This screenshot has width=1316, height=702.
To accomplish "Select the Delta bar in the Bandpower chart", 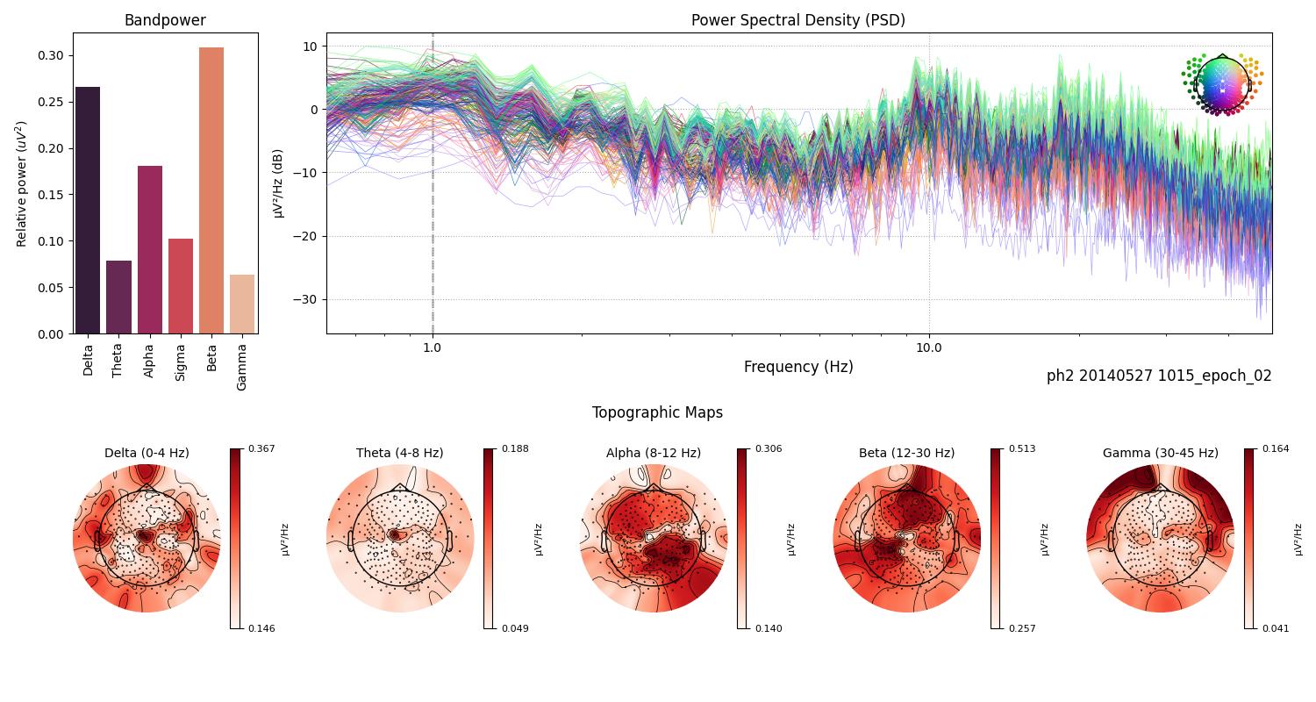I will click(x=88, y=211).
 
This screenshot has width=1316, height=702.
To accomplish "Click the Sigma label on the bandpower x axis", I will click(x=181, y=361).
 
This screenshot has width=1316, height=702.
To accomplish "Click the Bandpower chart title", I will click(x=165, y=20).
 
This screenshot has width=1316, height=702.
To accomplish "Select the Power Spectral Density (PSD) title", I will click(x=797, y=20).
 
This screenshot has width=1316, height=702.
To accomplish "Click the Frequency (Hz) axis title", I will click(x=797, y=367).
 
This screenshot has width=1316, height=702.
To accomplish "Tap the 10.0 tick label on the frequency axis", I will click(x=929, y=347).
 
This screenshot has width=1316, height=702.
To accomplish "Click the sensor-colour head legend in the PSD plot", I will click(x=1221, y=84).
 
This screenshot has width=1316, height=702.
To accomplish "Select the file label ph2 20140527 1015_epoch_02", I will click(x=1158, y=376).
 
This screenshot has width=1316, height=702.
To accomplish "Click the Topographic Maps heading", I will click(x=657, y=412).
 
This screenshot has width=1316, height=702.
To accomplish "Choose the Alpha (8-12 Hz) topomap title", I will click(x=653, y=453).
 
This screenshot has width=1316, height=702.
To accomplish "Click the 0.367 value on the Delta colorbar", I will click(x=261, y=448).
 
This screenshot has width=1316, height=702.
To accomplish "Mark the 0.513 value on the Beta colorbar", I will click(x=1022, y=448).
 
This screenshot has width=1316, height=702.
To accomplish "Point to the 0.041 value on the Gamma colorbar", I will click(x=1275, y=628).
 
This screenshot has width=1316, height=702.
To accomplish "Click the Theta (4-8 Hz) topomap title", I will click(x=399, y=453).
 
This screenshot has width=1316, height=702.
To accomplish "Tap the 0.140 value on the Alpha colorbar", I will click(x=769, y=628).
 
